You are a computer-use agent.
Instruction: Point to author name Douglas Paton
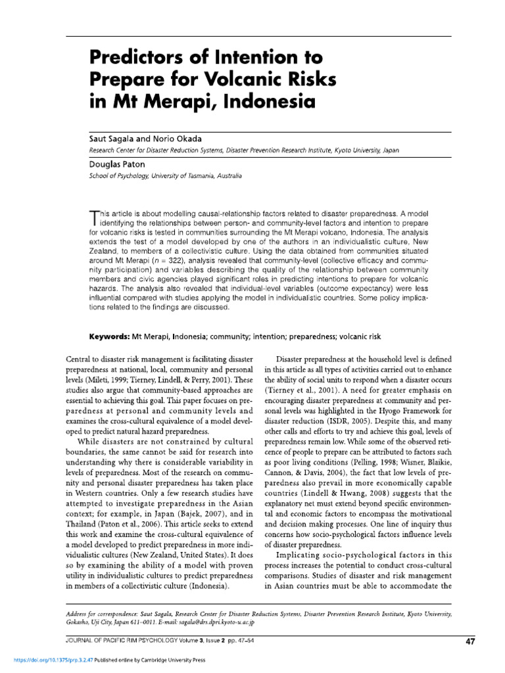[x=118, y=165]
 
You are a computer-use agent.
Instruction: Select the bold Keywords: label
[x=110, y=336]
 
